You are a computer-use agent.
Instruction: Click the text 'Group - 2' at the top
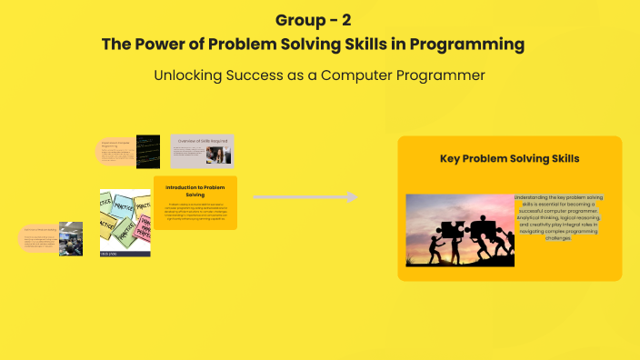(319, 20)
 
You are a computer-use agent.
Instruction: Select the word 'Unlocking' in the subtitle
(195, 75)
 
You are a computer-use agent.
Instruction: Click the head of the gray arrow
(349, 197)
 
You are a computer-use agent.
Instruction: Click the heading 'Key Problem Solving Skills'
(509, 158)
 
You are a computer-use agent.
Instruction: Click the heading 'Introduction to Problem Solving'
(195, 190)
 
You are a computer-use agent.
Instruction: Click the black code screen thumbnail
(148, 150)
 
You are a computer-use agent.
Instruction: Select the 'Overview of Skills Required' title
(201, 142)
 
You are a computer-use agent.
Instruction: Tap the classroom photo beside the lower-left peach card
(71, 238)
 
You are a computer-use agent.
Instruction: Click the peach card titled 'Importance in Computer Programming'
(116, 151)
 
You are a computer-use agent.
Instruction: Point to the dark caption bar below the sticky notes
(125, 253)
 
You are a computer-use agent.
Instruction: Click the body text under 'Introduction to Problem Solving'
(195, 212)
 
